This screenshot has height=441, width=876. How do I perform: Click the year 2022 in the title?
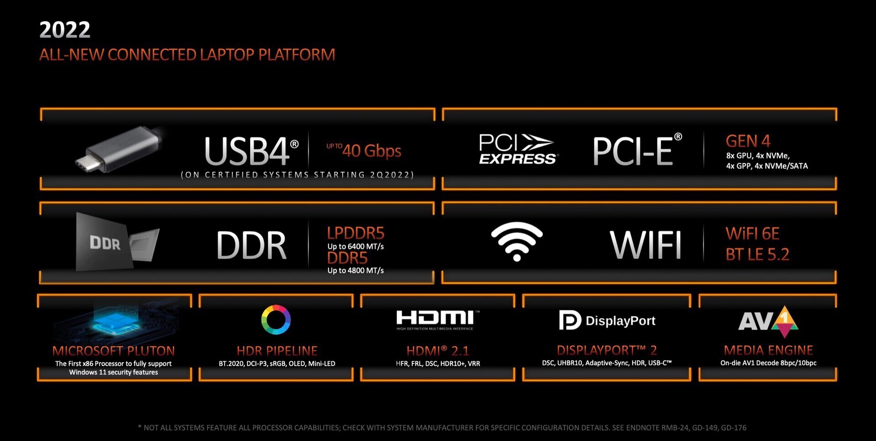65,30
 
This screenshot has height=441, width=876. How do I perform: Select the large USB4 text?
251,151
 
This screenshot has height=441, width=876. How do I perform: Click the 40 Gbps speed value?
372,151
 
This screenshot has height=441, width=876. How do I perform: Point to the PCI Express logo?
518,149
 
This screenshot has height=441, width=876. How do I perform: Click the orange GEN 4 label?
748,141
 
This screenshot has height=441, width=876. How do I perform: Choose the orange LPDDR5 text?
355,233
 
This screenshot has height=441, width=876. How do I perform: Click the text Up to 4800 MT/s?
355,270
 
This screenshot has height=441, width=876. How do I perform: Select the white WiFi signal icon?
517,241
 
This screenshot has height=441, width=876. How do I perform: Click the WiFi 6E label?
752,234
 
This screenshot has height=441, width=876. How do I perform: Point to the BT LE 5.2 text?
757,254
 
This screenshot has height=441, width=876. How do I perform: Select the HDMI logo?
438,320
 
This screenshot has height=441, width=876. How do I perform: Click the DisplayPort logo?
607,320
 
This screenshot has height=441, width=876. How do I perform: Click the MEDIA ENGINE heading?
768,350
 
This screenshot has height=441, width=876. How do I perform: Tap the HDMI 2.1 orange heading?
438,351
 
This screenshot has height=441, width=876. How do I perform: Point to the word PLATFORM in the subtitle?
297,55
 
